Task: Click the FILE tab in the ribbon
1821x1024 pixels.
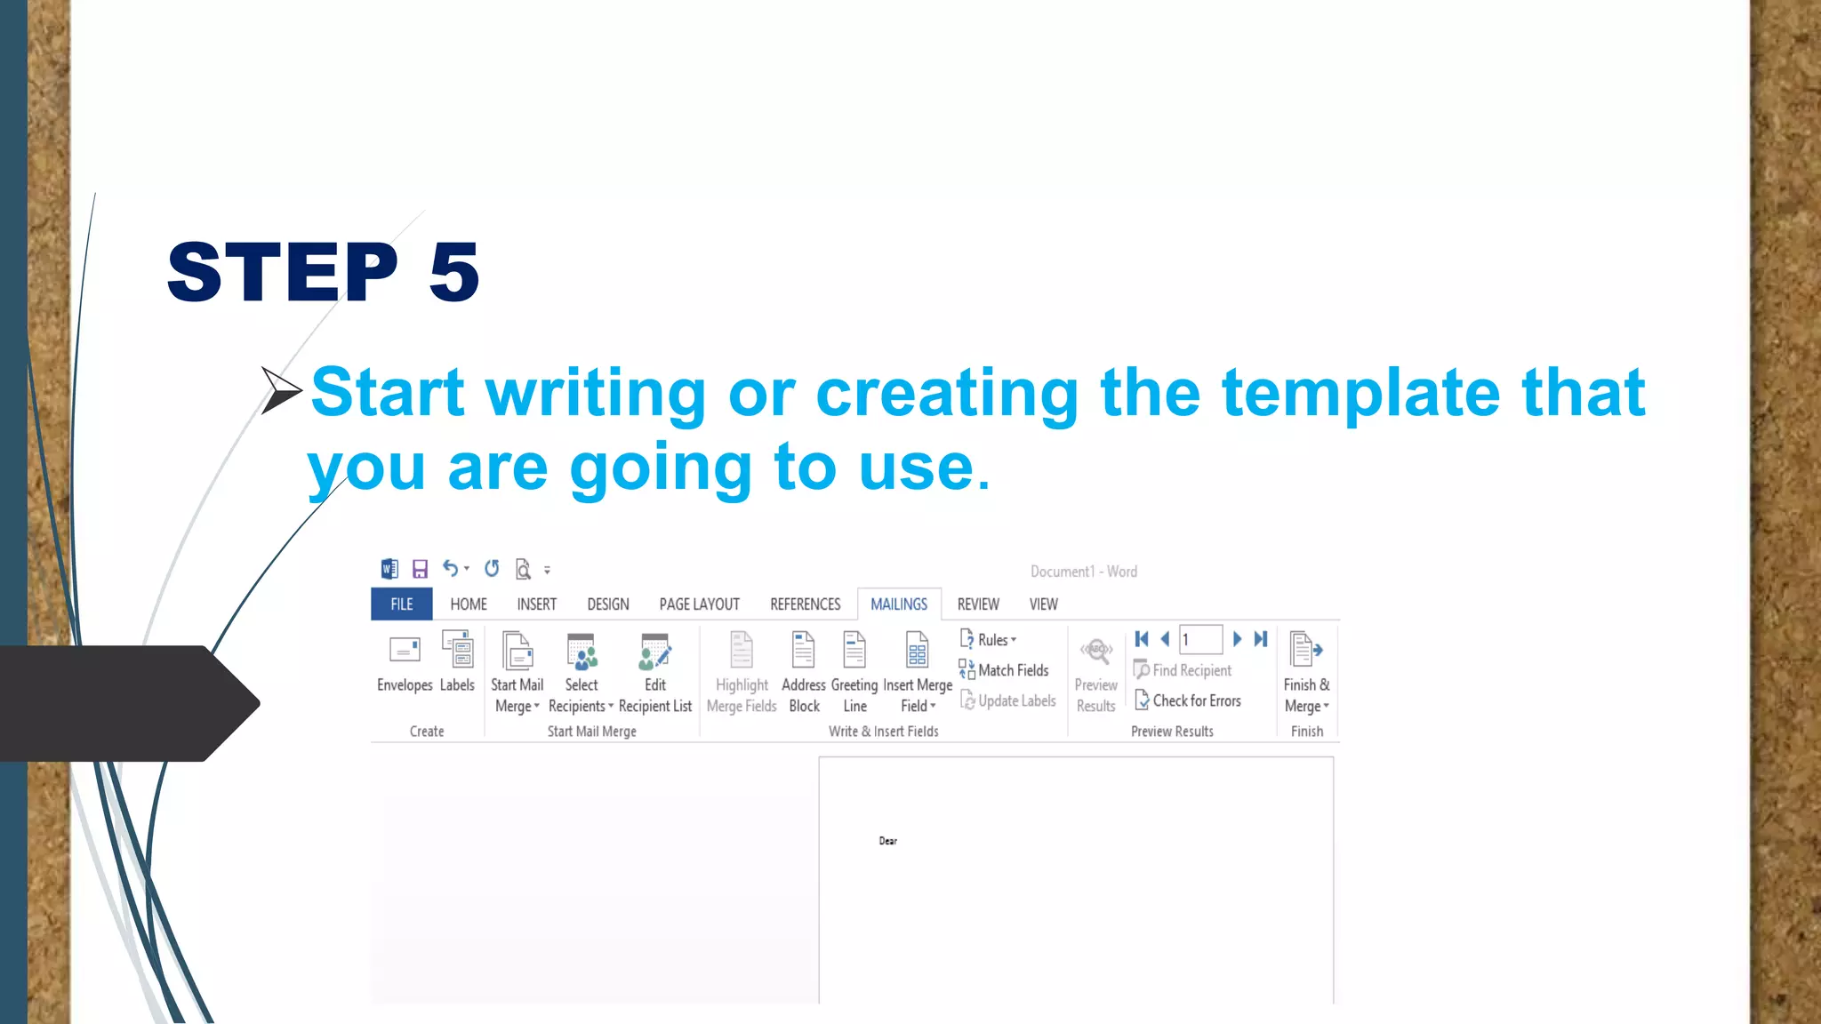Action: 401,604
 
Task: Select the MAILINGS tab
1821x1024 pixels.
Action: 898,604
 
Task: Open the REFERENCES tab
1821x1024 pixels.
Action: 805,604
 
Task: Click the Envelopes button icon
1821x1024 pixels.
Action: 405,651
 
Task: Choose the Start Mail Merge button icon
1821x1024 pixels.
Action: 517,651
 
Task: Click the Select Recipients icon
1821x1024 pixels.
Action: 582,652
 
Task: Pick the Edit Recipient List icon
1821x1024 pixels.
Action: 655,652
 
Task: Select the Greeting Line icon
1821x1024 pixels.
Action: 854,651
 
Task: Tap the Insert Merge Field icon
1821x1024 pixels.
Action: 917,651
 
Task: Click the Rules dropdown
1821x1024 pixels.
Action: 989,640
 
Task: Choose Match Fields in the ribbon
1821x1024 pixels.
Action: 1005,670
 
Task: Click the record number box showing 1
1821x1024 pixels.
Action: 1199,640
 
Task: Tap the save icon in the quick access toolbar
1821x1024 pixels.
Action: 420,569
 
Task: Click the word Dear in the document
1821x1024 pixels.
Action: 887,841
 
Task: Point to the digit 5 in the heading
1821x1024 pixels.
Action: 453,272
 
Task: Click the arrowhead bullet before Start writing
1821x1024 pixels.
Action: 280,390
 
